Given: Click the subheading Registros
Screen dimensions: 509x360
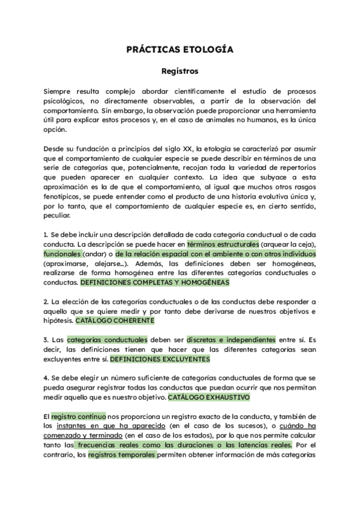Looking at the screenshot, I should (179, 71).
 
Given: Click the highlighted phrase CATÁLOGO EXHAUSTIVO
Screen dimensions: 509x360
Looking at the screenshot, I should (208, 397).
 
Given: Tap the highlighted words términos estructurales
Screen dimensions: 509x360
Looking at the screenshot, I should (223, 244).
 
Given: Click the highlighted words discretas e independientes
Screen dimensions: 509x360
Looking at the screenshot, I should (231, 339).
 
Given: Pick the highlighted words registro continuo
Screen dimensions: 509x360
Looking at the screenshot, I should (79, 415).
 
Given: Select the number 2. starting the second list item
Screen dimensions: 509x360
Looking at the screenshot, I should (46, 301).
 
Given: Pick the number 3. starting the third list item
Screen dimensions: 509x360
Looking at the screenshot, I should (46, 340).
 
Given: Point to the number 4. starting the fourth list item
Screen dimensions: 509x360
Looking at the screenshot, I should (46, 378).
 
